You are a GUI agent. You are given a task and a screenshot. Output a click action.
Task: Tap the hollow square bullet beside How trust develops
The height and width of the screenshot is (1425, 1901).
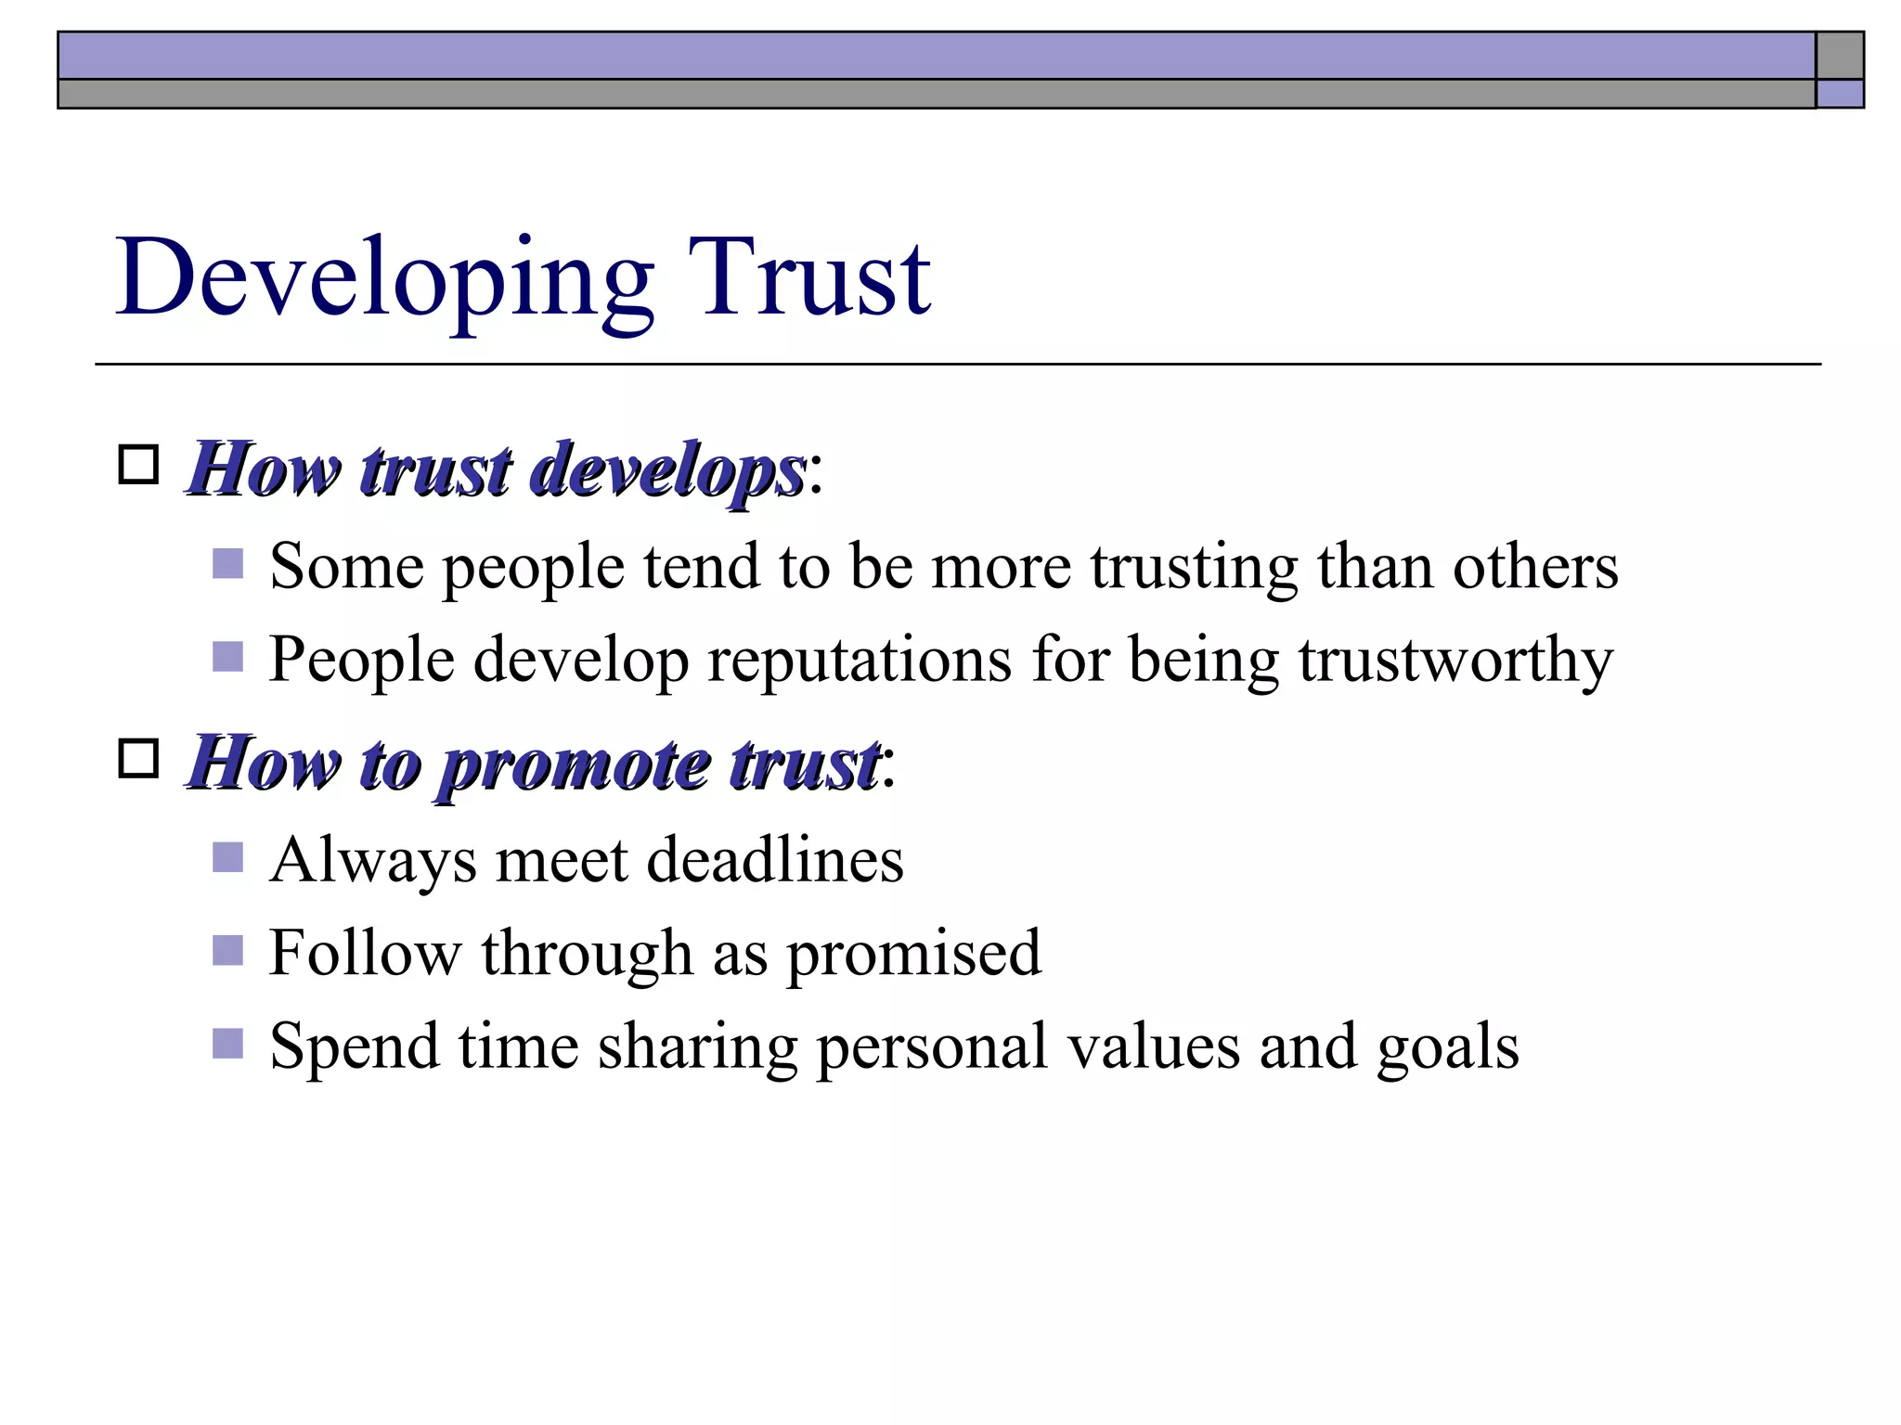[x=139, y=464]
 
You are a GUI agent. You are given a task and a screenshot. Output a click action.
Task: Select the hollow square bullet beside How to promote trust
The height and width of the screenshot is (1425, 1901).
[x=139, y=758]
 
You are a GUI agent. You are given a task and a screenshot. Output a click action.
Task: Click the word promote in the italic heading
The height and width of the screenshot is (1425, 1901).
[x=575, y=764]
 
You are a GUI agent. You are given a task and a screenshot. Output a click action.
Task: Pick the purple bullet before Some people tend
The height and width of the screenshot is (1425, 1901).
[x=227, y=563]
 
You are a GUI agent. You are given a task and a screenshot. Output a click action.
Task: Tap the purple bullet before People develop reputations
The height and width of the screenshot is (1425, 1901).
[x=227, y=657]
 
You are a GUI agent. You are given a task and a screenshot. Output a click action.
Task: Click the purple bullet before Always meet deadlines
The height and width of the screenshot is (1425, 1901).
[x=227, y=857]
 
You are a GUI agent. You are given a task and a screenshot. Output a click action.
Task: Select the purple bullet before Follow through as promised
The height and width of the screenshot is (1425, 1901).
[x=227, y=950]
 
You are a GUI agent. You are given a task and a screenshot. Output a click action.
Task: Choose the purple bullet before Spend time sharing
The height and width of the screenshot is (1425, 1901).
[x=227, y=1044]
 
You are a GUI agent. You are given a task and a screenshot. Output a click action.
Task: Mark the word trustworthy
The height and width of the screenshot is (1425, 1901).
[x=1455, y=660]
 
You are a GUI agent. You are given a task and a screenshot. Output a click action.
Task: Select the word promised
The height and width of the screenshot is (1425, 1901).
[x=913, y=954]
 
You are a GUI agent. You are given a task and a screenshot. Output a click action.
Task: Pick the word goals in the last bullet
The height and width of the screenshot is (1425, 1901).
[x=1447, y=1047]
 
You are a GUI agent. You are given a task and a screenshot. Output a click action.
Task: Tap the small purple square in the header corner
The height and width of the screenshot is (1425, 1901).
[x=1839, y=94]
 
